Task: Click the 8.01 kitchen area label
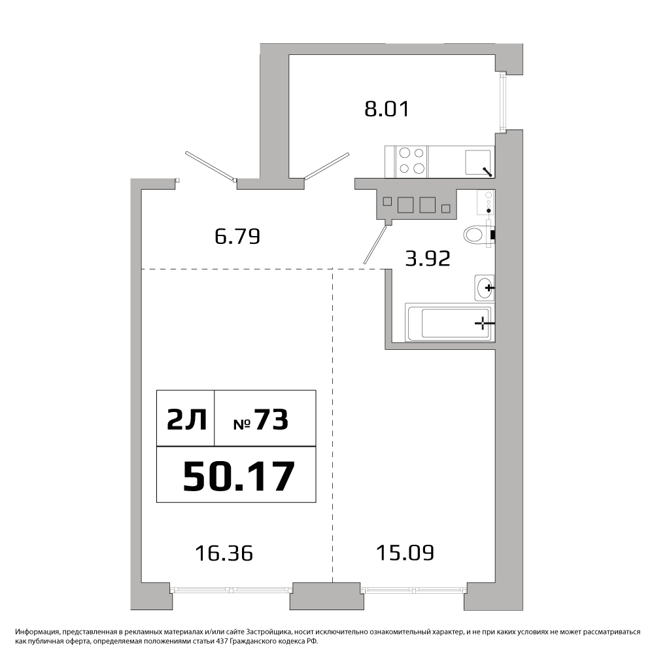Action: coord(387,109)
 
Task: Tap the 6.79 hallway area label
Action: coord(237,236)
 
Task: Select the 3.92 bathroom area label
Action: coord(428,258)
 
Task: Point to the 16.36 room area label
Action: coord(224,553)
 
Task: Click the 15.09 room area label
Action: coord(405,553)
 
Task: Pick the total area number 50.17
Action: coord(239,477)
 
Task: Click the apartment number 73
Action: coord(271,420)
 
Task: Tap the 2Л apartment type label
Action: coord(186,420)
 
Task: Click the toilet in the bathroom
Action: coord(479,234)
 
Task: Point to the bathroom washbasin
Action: coord(485,288)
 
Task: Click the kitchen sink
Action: coord(478,162)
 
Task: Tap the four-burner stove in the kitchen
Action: coord(411,161)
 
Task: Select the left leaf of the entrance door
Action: coord(211,167)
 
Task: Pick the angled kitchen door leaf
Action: coord(326,166)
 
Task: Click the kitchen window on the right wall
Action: coord(502,103)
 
